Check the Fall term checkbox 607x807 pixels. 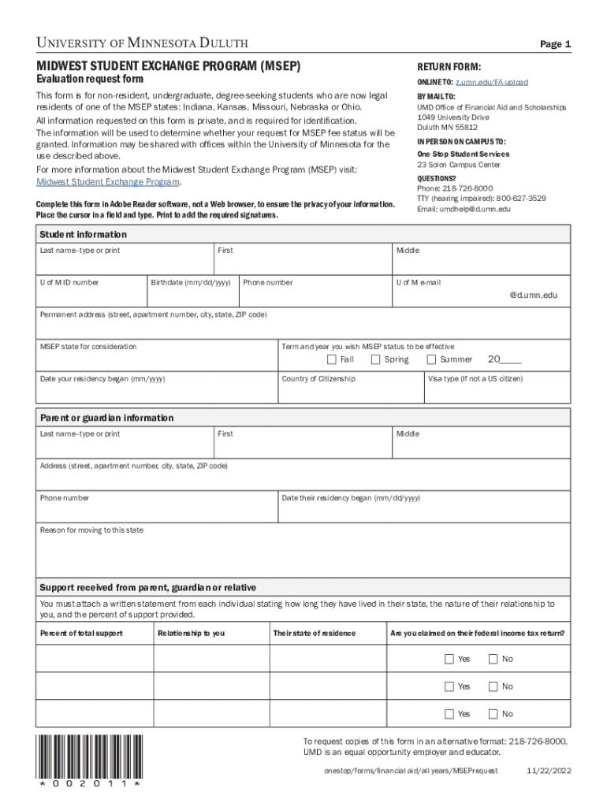pyautogui.click(x=332, y=359)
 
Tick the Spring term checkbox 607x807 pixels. pyautogui.click(x=376, y=359)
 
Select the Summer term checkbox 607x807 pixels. pyautogui.click(x=431, y=359)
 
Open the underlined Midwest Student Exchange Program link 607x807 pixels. pyautogui.click(x=109, y=182)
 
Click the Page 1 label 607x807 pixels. pyautogui.click(x=555, y=44)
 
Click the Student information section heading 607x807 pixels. pyautogui.click(x=83, y=235)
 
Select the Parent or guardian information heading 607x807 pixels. pyautogui.click(x=106, y=418)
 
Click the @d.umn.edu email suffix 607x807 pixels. pyautogui.click(x=533, y=295)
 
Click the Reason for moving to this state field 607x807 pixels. pyautogui.click(x=303, y=556)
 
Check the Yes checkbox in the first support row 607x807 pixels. pyautogui.click(x=449, y=659)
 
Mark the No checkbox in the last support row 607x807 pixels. pyautogui.click(x=493, y=714)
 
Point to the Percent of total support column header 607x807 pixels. pyautogui.click(x=76, y=633)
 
